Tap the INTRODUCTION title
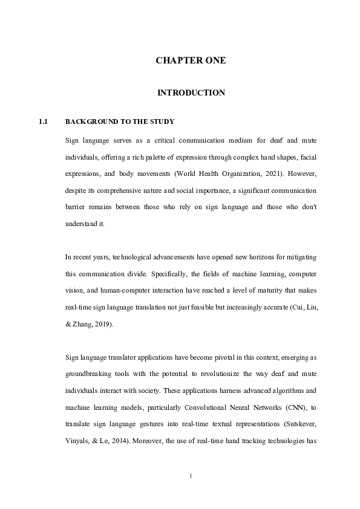191,92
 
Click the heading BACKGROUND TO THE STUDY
120,122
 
